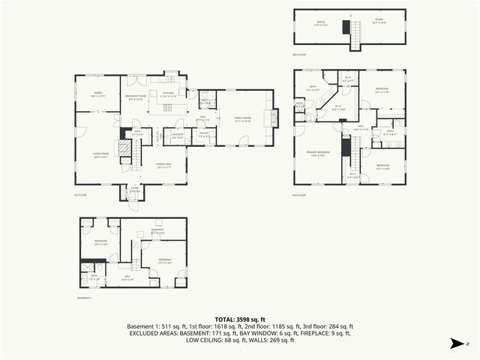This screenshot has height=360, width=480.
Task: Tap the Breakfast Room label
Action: pos(136,97)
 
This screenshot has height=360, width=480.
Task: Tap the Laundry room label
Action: pos(177,136)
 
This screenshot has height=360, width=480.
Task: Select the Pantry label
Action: pos(202,136)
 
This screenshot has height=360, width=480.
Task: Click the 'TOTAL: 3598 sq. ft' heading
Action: pos(240,319)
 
